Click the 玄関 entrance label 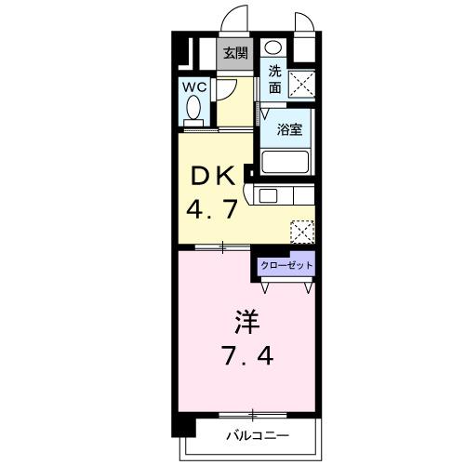tap(234, 53)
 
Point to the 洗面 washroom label tap(274, 80)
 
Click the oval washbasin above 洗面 tap(272, 48)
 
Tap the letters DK tap(211, 176)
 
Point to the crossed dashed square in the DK tap(302, 230)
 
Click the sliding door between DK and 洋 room tap(223, 247)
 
